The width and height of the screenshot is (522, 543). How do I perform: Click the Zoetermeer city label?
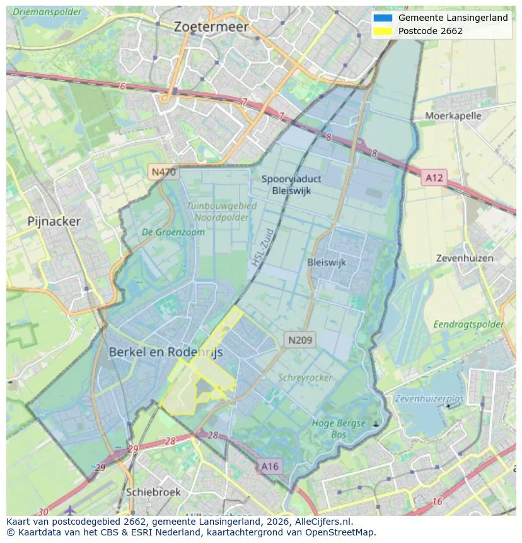pyautogui.click(x=211, y=27)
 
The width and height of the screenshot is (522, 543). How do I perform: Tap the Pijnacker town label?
pyautogui.click(x=54, y=221)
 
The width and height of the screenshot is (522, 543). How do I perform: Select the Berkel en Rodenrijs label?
pyautogui.click(x=166, y=353)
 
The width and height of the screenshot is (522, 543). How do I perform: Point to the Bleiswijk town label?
pyautogui.click(x=327, y=262)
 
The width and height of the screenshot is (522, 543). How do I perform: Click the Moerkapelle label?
pyautogui.click(x=453, y=115)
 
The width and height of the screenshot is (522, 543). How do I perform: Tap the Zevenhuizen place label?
pyautogui.click(x=465, y=258)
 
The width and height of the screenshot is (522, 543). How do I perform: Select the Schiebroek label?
pyautogui.click(x=153, y=492)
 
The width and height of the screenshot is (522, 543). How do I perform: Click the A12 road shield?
pyautogui.click(x=434, y=178)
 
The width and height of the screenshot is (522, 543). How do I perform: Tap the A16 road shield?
pyautogui.click(x=269, y=467)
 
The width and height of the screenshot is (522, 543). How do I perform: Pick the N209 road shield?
pyautogui.click(x=300, y=340)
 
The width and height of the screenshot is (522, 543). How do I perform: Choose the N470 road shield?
pyautogui.click(x=163, y=172)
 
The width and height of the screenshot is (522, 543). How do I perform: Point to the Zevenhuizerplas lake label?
pyautogui.click(x=429, y=399)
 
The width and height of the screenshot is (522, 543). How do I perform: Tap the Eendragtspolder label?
pyautogui.click(x=468, y=324)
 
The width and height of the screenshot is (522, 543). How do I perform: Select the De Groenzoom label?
pyautogui.click(x=173, y=232)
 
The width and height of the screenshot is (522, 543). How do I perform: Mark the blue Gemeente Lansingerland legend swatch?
pyautogui.click(x=382, y=18)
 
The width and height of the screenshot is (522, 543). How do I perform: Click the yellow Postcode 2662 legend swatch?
pyautogui.click(x=382, y=31)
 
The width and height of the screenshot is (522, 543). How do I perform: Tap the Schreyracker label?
pyautogui.click(x=305, y=377)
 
